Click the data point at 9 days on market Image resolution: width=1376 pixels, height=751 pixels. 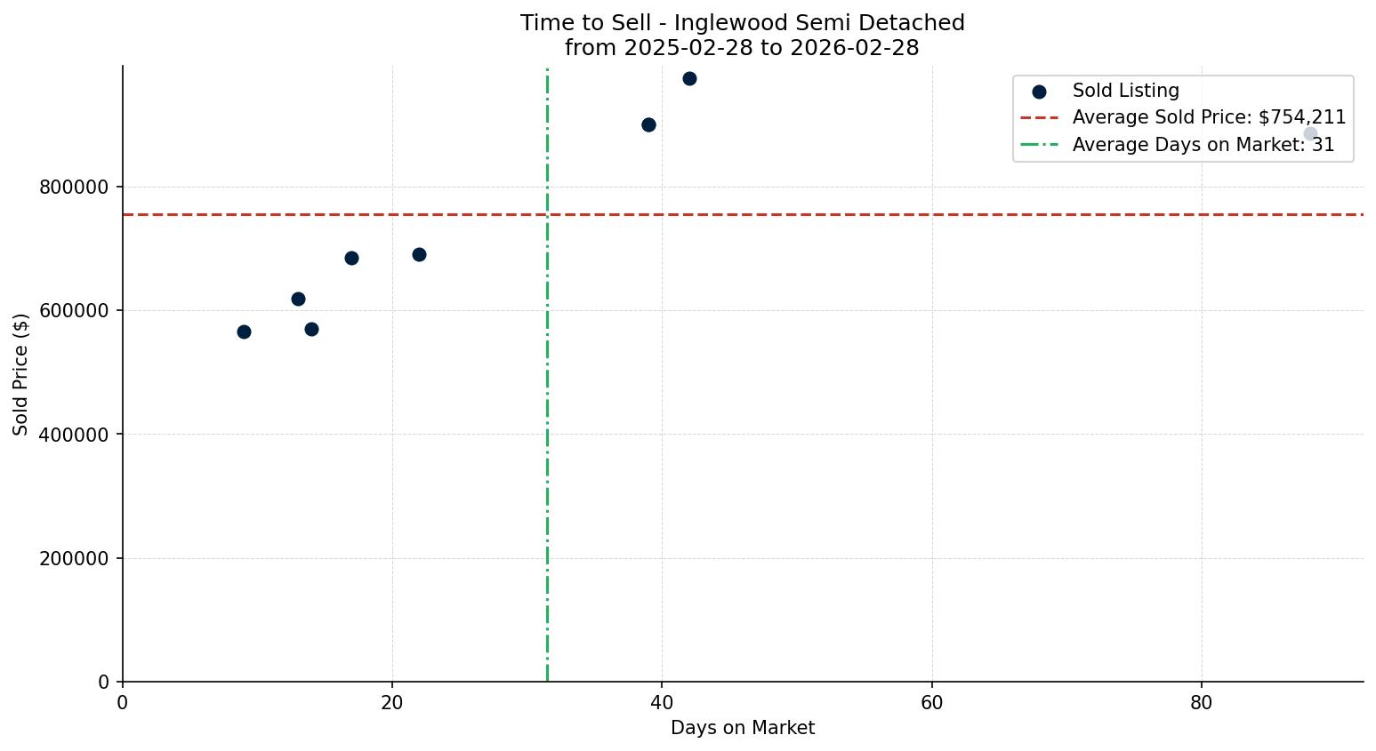[244, 332]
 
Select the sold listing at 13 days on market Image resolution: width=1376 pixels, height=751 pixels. [298, 299]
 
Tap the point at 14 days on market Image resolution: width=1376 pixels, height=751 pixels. [311, 329]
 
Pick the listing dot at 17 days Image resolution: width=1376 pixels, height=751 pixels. [351, 258]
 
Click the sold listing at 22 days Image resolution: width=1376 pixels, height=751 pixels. [419, 254]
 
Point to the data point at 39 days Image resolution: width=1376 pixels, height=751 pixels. [648, 124]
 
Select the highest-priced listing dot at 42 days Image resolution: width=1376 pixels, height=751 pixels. [689, 78]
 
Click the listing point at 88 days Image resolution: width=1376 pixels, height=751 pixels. [1310, 133]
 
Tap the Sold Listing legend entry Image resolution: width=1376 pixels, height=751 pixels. [1125, 91]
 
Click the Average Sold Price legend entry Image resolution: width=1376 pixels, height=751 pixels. [1208, 117]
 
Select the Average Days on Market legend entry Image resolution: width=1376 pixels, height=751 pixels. [1203, 145]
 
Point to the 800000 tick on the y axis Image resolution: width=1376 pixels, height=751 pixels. [76, 188]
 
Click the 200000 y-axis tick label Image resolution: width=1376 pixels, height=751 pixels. [76, 559]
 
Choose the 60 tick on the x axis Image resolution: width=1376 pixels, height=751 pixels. [931, 702]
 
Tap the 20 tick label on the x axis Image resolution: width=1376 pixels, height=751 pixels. [392, 702]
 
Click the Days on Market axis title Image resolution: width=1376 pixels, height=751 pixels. [743, 729]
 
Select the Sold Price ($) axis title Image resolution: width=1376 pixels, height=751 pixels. [20, 373]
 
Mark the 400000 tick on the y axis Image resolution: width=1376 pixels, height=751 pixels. [76, 435]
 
